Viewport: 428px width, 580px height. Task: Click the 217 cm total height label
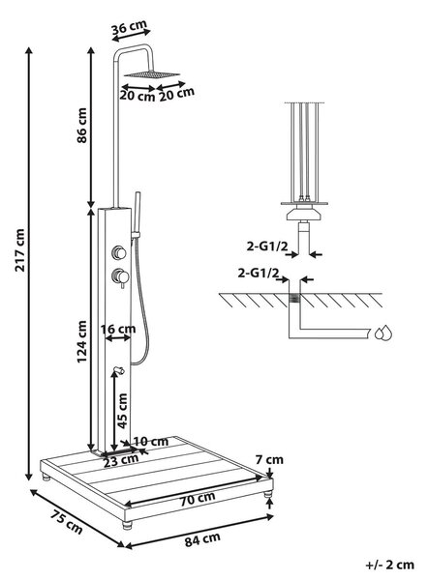pos(19,250)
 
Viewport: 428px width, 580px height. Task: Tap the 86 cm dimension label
pos(81,126)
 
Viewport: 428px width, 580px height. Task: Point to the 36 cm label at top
pos(130,27)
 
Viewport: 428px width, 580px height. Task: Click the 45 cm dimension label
pos(122,411)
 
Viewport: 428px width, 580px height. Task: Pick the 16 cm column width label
pos(118,329)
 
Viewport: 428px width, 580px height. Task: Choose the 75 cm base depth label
pos(67,522)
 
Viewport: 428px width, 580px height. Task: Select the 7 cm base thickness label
pos(269,459)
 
